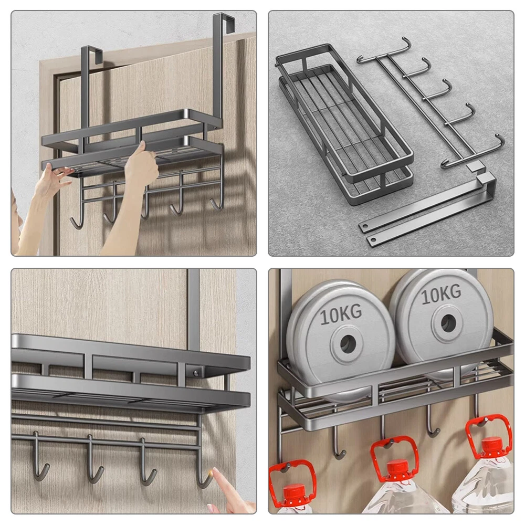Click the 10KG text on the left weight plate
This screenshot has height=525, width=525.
341,314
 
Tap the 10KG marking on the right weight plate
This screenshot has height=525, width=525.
441,295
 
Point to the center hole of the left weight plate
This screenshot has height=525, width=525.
348,343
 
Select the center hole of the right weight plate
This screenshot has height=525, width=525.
448,322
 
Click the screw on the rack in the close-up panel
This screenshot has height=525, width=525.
196,372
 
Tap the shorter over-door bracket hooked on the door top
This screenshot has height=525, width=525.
90,97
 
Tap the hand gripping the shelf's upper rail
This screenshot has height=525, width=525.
141,167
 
